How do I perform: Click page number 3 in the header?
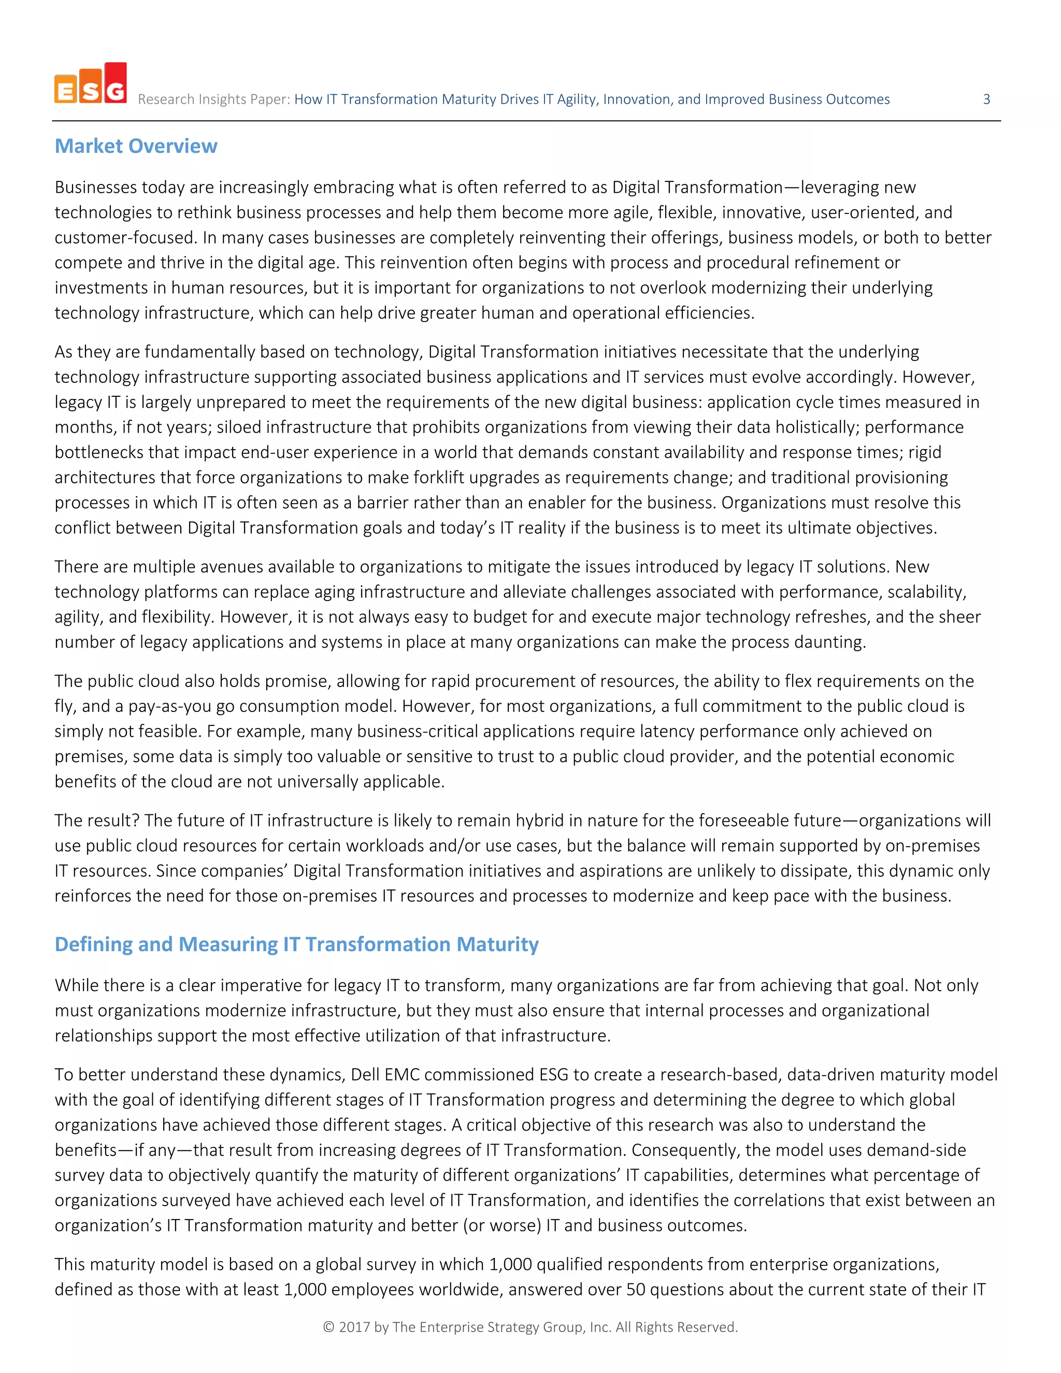tap(986, 99)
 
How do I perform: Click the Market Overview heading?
tap(136, 146)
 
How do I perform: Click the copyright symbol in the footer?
tap(328, 1327)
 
